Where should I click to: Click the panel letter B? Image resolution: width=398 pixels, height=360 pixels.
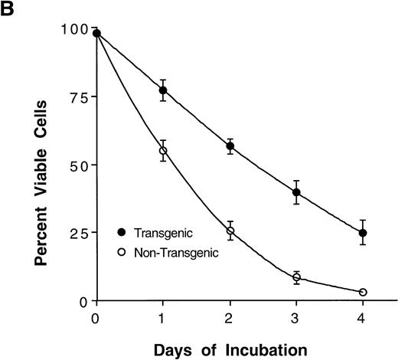point(10,10)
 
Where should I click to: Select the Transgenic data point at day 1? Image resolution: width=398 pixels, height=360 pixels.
point(163,90)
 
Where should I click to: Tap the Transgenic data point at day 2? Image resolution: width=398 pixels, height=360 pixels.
point(230,146)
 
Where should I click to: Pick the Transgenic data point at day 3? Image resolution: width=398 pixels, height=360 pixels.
point(296,192)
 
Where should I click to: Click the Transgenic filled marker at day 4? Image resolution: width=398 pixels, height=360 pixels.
point(363,232)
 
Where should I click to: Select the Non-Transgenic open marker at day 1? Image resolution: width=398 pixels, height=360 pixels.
point(163,151)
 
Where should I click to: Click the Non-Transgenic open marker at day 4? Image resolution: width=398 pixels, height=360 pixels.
point(363,292)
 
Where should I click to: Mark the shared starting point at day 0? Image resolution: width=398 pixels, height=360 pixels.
point(96,33)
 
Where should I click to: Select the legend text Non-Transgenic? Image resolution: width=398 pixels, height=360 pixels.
point(180,252)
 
